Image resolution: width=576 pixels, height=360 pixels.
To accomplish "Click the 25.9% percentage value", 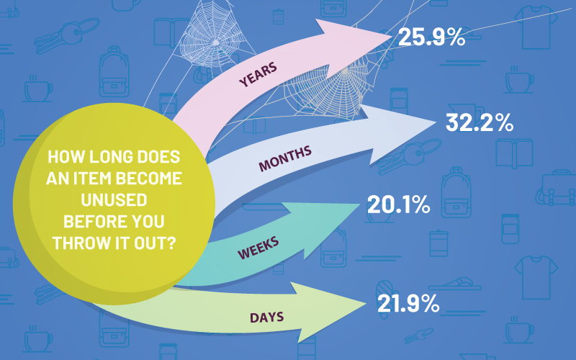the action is click(431, 37).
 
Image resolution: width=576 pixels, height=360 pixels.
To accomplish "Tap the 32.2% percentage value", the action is click(480, 122).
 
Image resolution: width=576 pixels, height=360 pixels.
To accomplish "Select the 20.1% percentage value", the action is click(399, 204).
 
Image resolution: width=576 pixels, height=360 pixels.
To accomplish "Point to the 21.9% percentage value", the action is click(408, 303).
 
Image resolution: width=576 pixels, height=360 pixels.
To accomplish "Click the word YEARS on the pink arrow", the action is click(258, 75).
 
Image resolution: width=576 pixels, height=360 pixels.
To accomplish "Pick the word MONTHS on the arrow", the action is click(285, 158).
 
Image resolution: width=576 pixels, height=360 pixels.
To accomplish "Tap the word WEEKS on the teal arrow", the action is click(258, 248).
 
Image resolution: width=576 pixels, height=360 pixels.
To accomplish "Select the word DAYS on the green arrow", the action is click(266, 318).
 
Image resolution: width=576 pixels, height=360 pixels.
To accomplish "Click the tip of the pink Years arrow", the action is click(392, 37).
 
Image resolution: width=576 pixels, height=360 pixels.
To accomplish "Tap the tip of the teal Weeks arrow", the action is click(360, 204).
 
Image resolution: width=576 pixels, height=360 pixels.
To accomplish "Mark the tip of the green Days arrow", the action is click(366, 303).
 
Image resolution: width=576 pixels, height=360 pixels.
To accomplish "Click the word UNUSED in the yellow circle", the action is click(114, 200).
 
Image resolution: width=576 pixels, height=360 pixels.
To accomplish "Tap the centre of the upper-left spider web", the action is click(216, 42).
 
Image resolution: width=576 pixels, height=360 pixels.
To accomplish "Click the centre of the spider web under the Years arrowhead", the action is click(344, 70).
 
